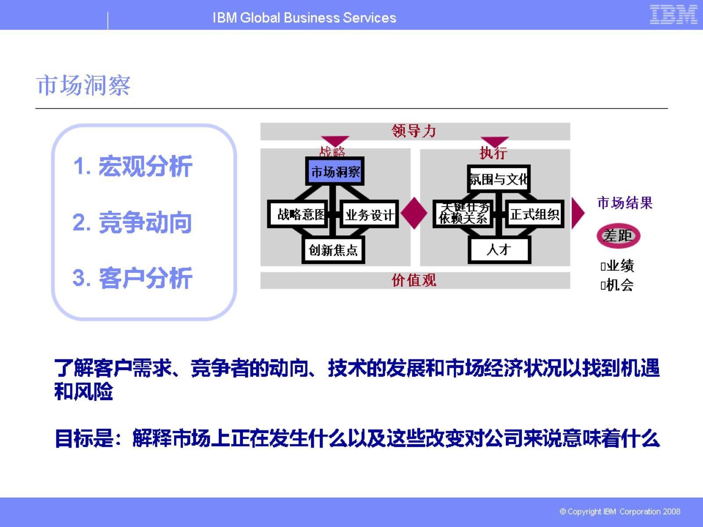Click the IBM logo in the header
[673, 14]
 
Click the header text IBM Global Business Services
[304, 18]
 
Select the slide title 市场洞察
[83, 85]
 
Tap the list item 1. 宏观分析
[133, 166]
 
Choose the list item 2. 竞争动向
[133, 222]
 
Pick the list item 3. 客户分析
[133, 278]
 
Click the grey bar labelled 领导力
[415, 131]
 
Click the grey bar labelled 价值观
[415, 280]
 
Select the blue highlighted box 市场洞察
[335, 172]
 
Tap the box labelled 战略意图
[298, 215]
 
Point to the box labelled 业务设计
[369, 215]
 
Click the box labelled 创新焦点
[333, 250]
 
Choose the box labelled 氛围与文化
[499, 179]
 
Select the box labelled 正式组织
[534, 214]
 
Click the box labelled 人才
[499, 250]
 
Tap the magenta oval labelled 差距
[618, 236]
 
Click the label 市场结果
[624, 203]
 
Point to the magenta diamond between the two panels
[414, 213]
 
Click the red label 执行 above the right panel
[493, 153]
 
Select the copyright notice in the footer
[620, 512]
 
